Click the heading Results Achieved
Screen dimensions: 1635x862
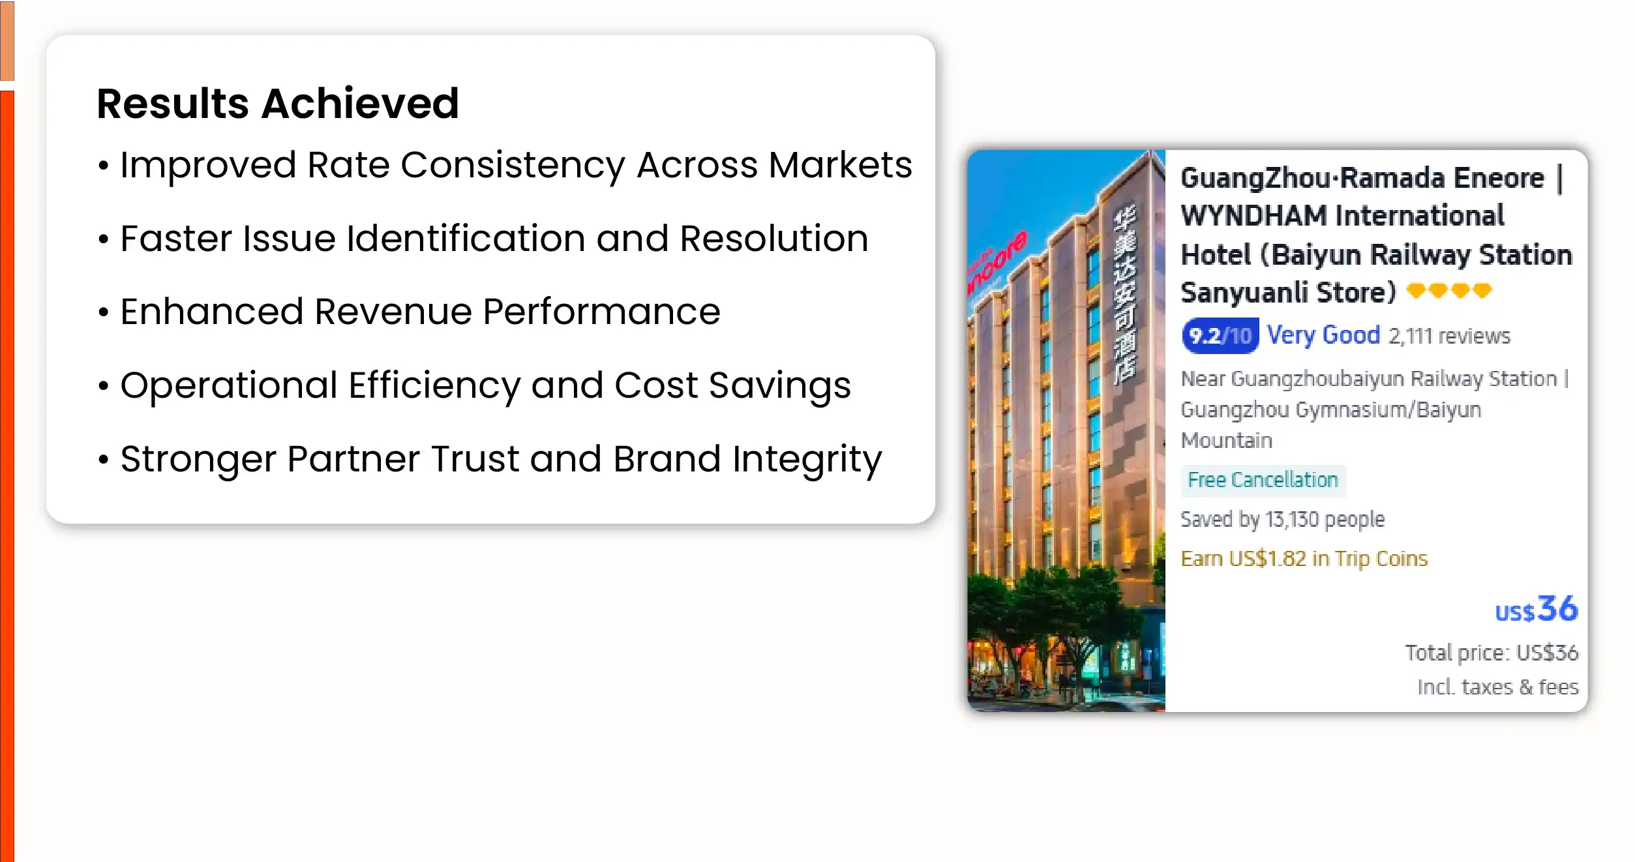pos(278,103)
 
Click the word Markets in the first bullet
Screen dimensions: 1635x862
pos(840,164)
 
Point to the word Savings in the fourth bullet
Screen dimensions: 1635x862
pos(779,386)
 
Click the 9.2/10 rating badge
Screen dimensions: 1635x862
pos(1220,336)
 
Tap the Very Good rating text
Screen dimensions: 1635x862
pos(1323,335)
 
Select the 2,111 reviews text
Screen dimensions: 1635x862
pos(1449,336)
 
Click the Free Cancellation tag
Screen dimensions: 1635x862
pos(1263,480)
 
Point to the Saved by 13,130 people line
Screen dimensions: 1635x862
pos(1282,519)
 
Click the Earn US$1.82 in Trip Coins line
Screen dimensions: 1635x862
pos(1304,559)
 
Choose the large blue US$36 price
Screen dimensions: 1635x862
pos(1537,609)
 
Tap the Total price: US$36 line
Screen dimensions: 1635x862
pos(1492,653)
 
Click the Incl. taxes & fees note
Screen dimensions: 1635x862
pos(1498,687)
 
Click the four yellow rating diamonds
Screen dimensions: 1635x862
pos(1449,290)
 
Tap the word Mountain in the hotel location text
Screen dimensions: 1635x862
pos(1227,441)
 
